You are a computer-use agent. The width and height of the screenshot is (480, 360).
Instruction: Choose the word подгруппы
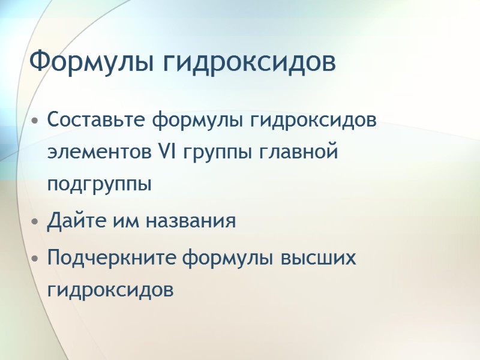click(100, 185)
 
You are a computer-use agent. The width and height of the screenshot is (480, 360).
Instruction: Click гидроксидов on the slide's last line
click(110, 291)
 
